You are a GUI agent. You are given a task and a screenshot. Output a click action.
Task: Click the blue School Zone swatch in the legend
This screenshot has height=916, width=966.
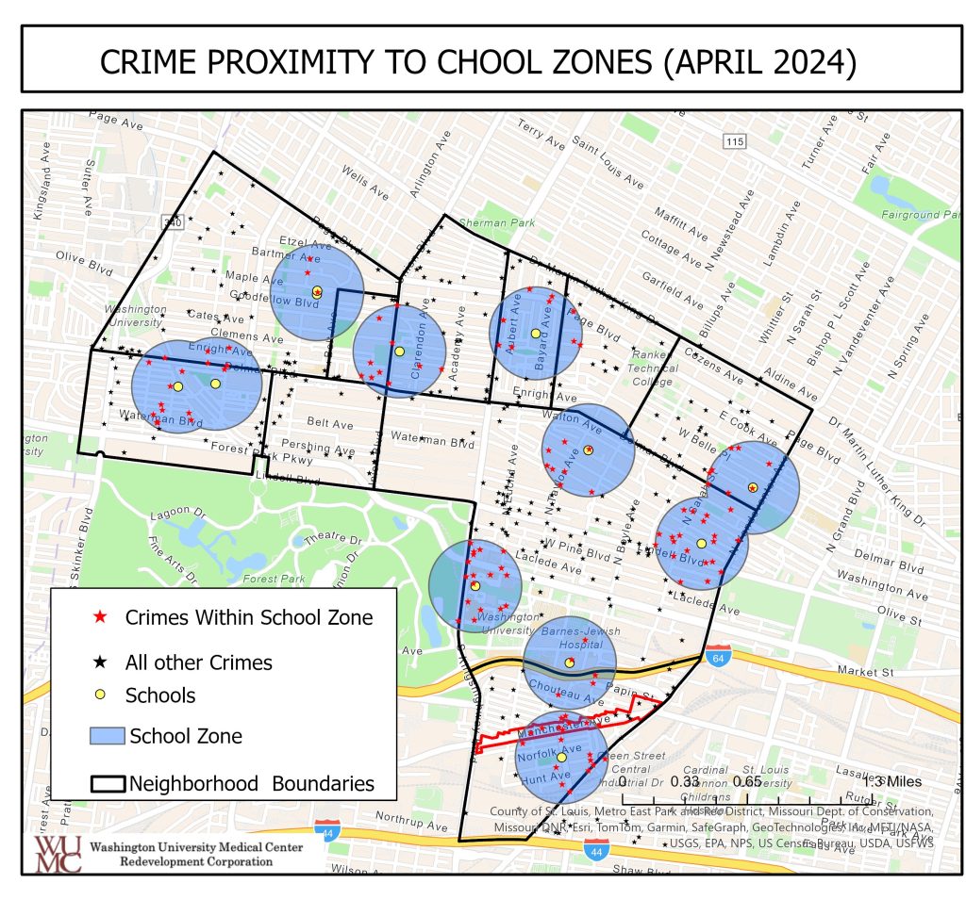click(x=108, y=736)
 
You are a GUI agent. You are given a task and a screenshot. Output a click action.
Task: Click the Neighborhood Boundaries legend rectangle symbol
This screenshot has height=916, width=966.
click(x=108, y=783)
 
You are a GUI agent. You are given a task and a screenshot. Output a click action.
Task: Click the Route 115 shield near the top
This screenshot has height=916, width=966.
click(x=735, y=140)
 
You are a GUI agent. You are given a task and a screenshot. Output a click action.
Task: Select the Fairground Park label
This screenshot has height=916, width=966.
click(x=912, y=215)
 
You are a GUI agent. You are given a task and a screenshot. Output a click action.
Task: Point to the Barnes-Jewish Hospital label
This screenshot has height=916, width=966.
click(x=569, y=636)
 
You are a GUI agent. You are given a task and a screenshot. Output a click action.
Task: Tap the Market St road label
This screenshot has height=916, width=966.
click(x=865, y=673)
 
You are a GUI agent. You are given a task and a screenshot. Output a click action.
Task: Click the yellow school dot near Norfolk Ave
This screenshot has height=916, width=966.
click(x=561, y=757)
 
